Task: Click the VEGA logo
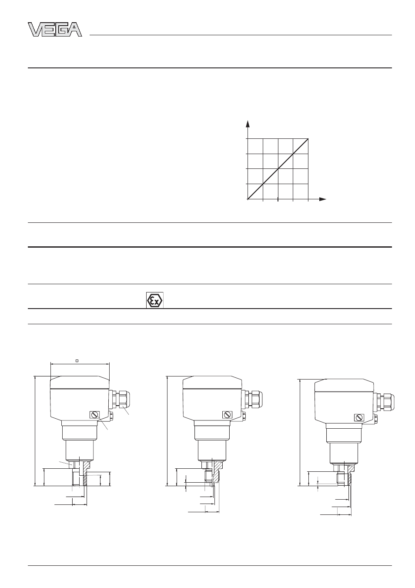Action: (x=55, y=30)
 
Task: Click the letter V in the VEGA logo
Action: (x=34, y=30)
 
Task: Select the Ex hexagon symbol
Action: (x=155, y=300)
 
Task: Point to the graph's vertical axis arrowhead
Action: (x=248, y=124)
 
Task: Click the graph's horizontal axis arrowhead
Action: (x=322, y=199)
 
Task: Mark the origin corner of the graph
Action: (x=248, y=199)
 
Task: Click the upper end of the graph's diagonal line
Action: (x=308, y=138)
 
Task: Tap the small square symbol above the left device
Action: (x=77, y=361)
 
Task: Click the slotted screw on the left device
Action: (x=95, y=414)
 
